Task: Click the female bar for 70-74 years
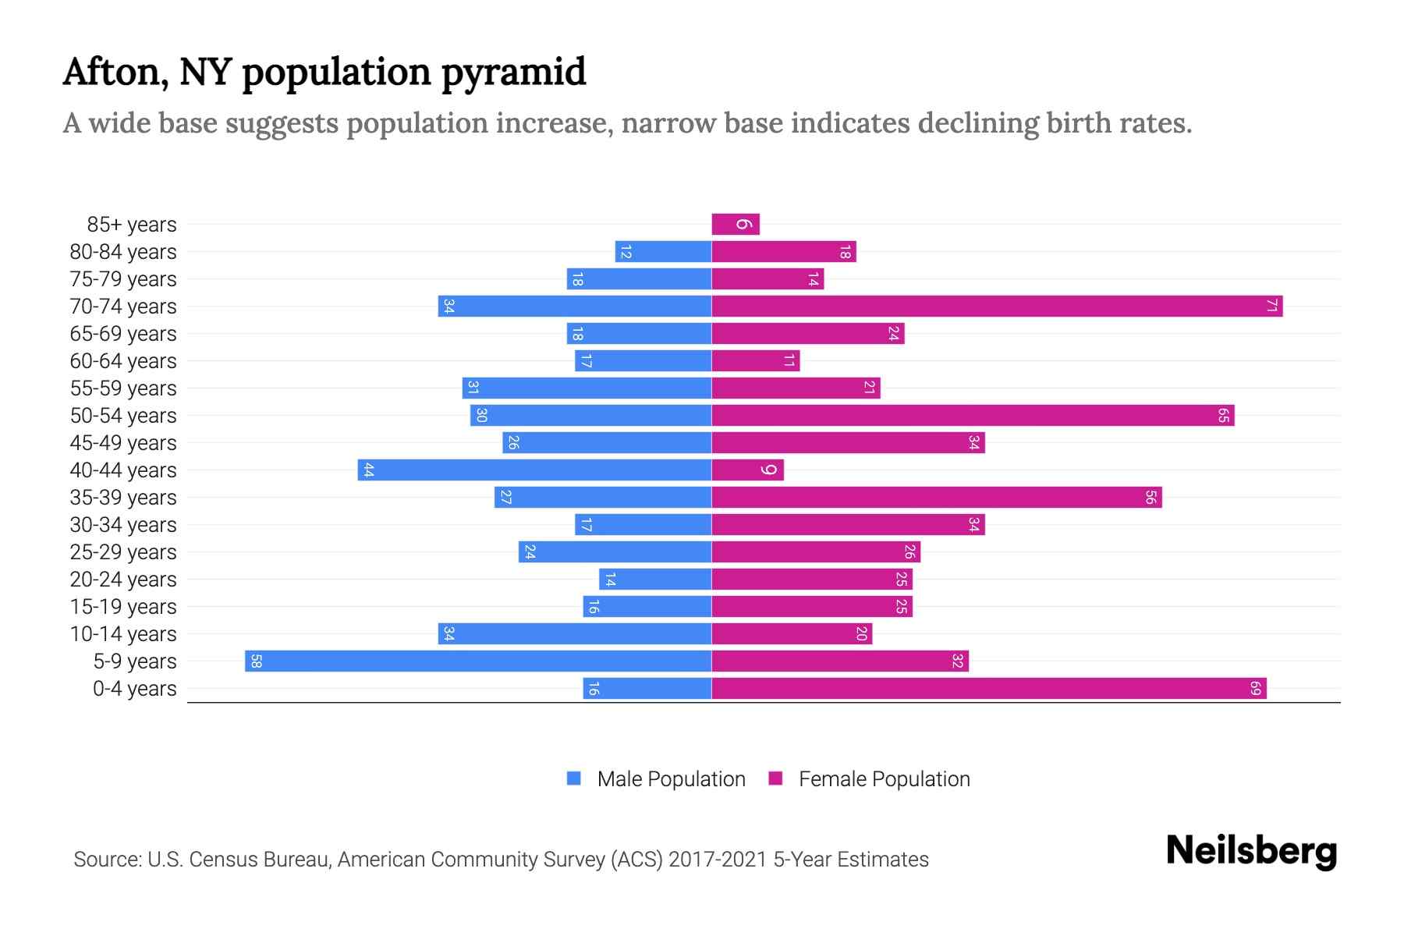[997, 307]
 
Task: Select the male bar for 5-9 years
[478, 661]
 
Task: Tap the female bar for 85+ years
[736, 225]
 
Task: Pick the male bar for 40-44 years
[534, 470]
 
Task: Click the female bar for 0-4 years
[989, 689]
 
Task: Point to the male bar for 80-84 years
[663, 252]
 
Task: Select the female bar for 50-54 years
[973, 416]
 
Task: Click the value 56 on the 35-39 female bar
[1150, 498]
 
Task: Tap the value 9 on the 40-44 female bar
[769, 470]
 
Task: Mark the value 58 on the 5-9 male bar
[256, 661]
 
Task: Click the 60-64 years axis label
[123, 361]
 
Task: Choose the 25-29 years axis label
[123, 552]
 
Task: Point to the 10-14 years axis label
[123, 634]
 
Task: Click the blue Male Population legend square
[574, 778]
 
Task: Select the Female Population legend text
[884, 779]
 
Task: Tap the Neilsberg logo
[1251, 851]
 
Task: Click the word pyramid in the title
[513, 73]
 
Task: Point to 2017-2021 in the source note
[718, 860]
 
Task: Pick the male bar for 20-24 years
[655, 580]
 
